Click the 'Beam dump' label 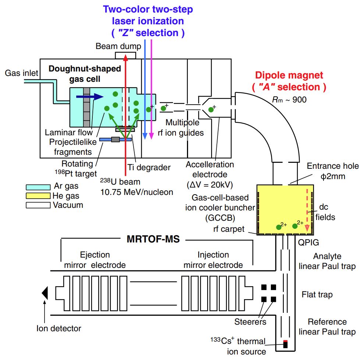pos(118,46)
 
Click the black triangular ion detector pos(45,293)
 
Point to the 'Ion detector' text pos(59,328)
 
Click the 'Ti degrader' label pos(154,168)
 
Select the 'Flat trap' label pos(317,294)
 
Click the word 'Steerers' pos(250,322)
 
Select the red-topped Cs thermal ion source pos(285,345)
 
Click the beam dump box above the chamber pos(126,56)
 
